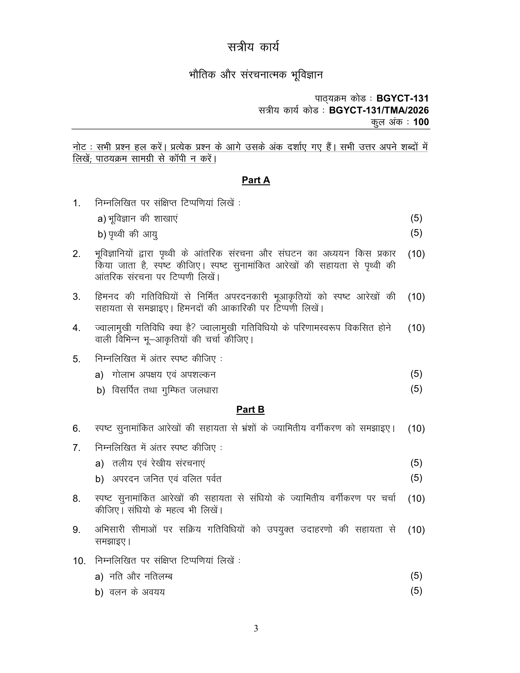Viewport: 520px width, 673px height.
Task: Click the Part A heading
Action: coord(256,180)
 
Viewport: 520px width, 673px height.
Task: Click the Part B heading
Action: coord(250,410)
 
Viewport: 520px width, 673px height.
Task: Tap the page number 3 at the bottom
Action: coord(256,628)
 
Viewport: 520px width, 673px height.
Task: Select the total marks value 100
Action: coord(421,122)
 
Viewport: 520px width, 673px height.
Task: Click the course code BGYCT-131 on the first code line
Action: coord(402,98)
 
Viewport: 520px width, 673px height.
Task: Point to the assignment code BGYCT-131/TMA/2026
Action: coord(379,110)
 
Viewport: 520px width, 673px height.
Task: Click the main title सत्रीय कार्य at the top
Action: coord(253,47)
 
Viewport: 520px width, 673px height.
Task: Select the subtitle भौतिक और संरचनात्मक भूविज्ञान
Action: coord(256,75)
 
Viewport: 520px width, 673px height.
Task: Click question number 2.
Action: coord(77,254)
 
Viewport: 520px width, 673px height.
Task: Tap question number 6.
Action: coord(77,429)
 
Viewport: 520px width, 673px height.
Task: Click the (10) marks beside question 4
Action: coord(416,328)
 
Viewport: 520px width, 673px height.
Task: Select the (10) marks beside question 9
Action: coord(416,530)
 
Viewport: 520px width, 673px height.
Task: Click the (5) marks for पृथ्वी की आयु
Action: coord(416,233)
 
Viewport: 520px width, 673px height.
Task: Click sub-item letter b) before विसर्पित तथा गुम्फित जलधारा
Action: coord(101,391)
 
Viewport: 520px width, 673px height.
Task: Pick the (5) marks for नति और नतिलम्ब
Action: coord(416,576)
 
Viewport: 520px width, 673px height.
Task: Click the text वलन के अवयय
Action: coord(137,592)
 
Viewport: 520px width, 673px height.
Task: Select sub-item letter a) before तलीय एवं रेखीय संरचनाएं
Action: coord(99,463)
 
